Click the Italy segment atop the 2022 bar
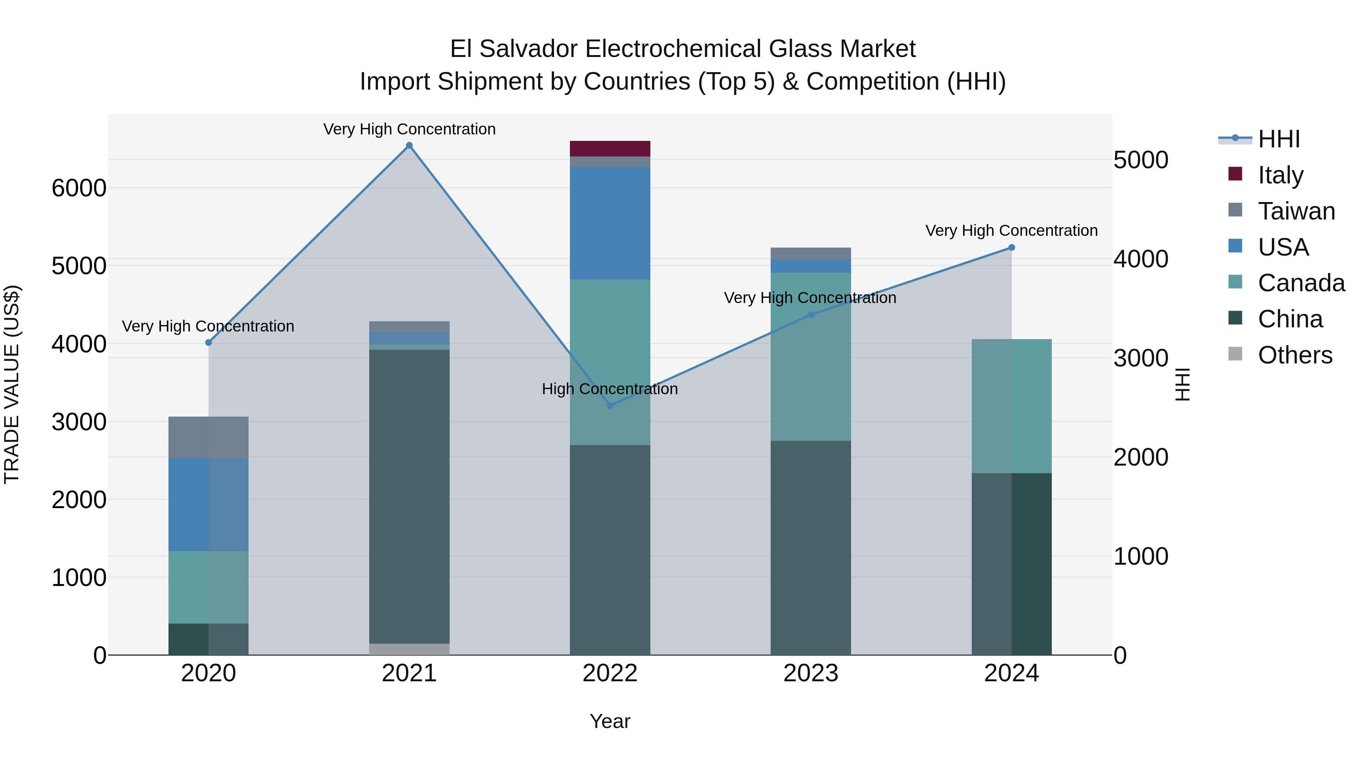click(610, 148)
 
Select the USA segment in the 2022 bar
click(610, 223)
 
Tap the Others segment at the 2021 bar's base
click(409, 649)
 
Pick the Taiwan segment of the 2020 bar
click(208, 437)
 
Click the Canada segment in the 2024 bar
click(1011, 406)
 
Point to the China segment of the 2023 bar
click(810, 546)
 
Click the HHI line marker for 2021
click(409, 145)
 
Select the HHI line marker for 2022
click(610, 406)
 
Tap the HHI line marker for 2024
click(1011, 247)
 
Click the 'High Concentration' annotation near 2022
click(610, 389)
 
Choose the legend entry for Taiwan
click(1296, 211)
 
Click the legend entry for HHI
click(1278, 139)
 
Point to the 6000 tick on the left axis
click(79, 188)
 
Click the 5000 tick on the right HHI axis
click(1141, 160)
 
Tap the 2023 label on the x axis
click(810, 673)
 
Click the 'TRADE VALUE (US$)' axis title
click(12, 384)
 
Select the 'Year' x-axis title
click(610, 721)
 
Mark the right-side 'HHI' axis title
click(1182, 384)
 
